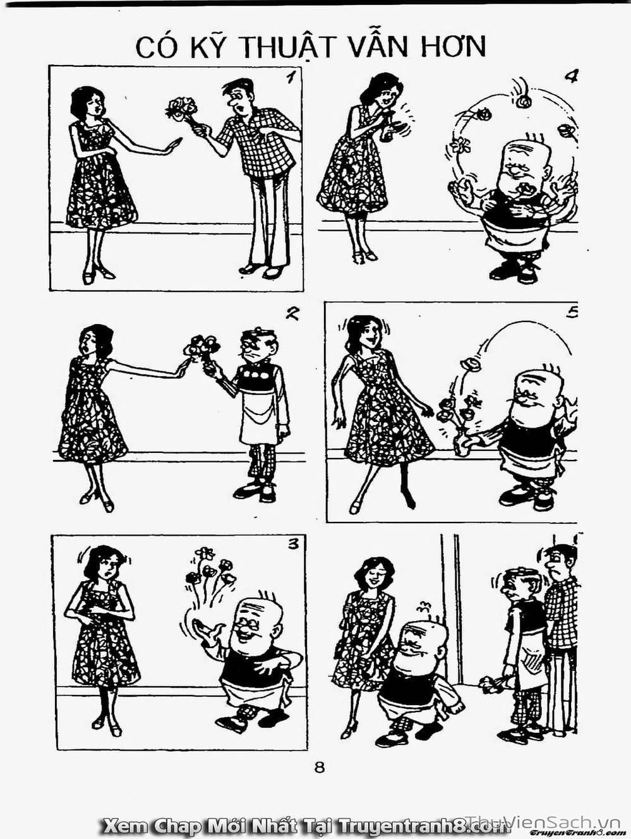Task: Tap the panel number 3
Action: tap(293, 545)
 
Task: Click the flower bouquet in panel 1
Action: tap(182, 109)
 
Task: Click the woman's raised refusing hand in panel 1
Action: tap(174, 147)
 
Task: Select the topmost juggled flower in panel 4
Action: tap(522, 101)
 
